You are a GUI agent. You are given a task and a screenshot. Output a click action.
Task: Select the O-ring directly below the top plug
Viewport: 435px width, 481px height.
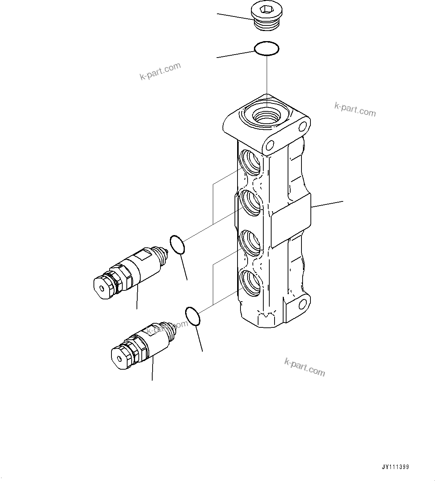pyautogui.click(x=266, y=49)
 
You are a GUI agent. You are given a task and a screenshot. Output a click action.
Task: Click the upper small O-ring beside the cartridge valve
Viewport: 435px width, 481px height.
pyautogui.click(x=177, y=245)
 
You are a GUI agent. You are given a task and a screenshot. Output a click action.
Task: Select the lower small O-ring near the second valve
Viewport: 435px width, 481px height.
pyautogui.click(x=193, y=316)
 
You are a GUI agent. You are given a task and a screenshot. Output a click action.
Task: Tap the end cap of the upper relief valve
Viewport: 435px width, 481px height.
pyautogui.click(x=102, y=288)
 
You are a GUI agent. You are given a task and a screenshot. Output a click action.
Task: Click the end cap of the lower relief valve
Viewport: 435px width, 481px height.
pyautogui.click(x=120, y=358)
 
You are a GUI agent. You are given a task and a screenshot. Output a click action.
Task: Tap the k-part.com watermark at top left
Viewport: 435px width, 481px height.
pyautogui.click(x=160, y=71)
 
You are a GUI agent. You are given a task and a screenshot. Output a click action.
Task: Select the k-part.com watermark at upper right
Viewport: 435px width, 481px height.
pyautogui.click(x=355, y=110)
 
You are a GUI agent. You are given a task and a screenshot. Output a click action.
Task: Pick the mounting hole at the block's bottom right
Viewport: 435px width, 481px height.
pyautogui.click(x=303, y=304)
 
